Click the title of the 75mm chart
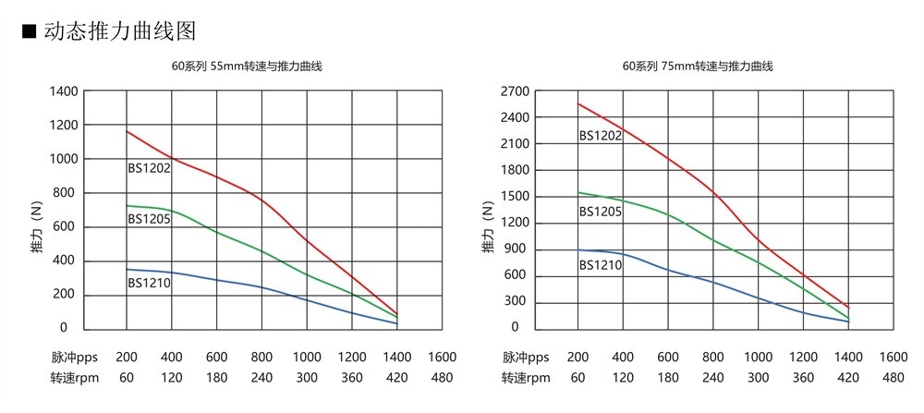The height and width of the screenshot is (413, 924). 698,67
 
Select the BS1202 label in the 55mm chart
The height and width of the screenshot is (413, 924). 149,168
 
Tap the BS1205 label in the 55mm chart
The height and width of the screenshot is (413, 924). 149,219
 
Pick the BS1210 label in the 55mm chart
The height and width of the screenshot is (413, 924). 149,283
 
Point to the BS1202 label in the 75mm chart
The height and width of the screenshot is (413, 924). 601,135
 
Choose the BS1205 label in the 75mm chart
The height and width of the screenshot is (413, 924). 601,212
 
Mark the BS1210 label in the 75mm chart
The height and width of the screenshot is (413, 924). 601,265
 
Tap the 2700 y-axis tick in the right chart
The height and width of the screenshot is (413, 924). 515,91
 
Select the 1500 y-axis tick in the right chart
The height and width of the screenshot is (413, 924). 515,196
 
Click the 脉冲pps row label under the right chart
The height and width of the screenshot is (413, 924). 524,357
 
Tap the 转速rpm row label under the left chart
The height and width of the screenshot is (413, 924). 73,377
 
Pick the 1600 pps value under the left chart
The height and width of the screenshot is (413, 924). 443,357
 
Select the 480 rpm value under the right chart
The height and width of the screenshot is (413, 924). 894,377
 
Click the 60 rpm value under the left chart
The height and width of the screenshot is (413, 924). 127,377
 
